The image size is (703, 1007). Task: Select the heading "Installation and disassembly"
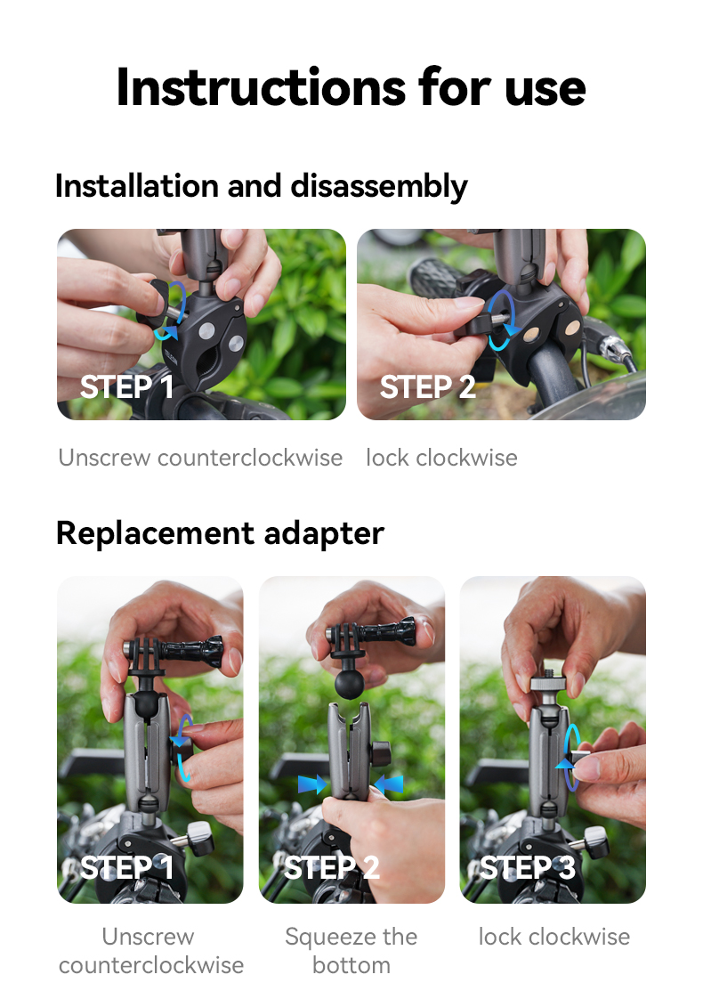pyautogui.click(x=261, y=186)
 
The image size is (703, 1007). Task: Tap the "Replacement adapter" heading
pyautogui.click(x=220, y=532)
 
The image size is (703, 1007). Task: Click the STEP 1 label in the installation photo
pyautogui.click(x=126, y=387)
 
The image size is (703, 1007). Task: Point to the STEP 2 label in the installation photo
pyautogui.click(x=427, y=387)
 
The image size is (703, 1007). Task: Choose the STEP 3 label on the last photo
pyautogui.click(x=528, y=866)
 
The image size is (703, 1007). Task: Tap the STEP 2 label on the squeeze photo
pyautogui.click(x=331, y=866)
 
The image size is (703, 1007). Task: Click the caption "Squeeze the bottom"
pyautogui.click(x=351, y=950)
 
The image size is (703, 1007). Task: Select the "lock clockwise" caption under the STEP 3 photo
pyautogui.click(x=554, y=937)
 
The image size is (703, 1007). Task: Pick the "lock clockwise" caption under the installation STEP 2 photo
pyautogui.click(x=441, y=458)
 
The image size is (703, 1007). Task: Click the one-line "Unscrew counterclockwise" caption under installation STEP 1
pyautogui.click(x=200, y=458)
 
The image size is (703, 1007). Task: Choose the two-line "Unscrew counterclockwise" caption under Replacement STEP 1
pyautogui.click(x=150, y=950)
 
